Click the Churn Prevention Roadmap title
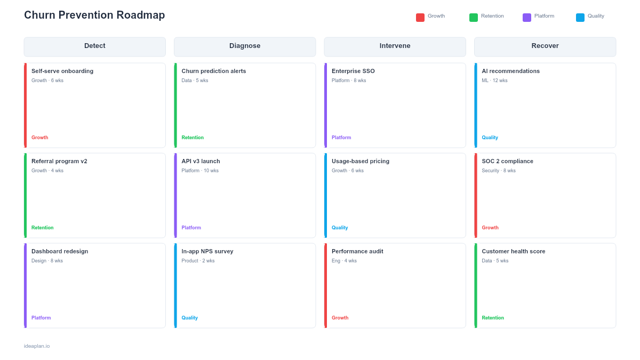[94, 15]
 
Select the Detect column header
[95, 46]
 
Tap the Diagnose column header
[245, 46]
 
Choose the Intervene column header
[395, 46]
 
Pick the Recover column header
[545, 46]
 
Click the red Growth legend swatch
[420, 18]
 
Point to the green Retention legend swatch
[474, 18]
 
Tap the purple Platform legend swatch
[527, 18]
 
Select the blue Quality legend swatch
[580, 18]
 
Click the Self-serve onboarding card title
[62, 71]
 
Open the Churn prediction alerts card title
[214, 71]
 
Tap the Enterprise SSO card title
[353, 71]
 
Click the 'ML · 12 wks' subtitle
[494, 81]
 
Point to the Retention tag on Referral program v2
[43, 228]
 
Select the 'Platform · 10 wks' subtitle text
[200, 171]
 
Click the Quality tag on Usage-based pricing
[340, 228]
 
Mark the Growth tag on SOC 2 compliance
[490, 228]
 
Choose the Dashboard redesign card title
[60, 251]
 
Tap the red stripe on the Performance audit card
[326, 285]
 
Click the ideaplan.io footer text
[37, 346]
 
